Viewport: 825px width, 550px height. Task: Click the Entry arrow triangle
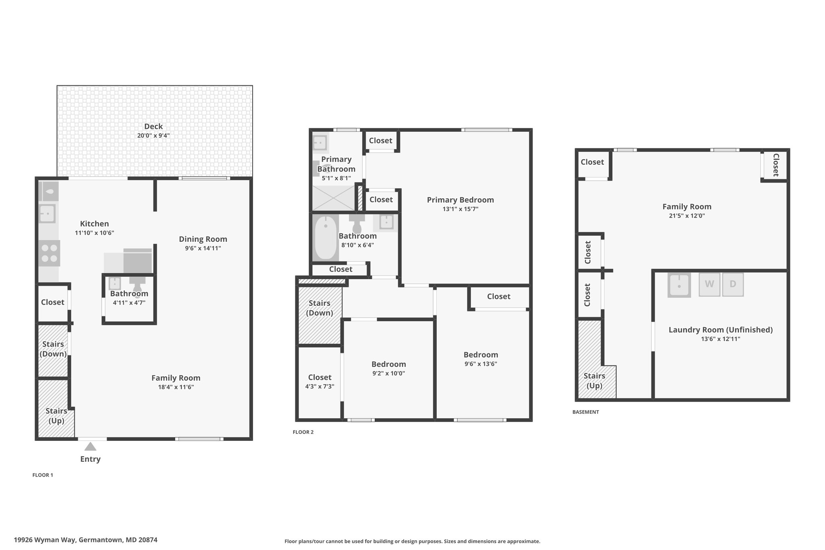pyautogui.click(x=90, y=446)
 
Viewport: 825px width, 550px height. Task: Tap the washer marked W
pyautogui.click(x=709, y=284)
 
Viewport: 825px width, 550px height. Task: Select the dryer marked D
pyautogui.click(x=733, y=284)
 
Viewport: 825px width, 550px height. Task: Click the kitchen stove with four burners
pyautogui.click(x=50, y=253)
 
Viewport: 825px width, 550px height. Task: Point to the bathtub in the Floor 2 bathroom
pyautogui.click(x=325, y=238)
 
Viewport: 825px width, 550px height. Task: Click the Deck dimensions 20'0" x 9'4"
pyautogui.click(x=153, y=136)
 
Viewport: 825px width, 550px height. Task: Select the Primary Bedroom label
pyautogui.click(x=460, y=200)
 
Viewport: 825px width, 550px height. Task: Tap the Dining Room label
pyautogui.click(x=203, y=239)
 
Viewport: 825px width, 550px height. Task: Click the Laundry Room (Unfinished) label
pyautogui.click(x=721, y=330)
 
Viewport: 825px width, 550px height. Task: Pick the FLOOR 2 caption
pyautogui.click(x=303, y=432)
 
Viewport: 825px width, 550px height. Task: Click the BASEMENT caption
pyautogui.click(x=586, y=412)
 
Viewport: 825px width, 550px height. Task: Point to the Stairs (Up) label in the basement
pyautogui.click(x=595, y=381)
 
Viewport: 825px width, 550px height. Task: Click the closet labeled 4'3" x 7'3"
pyautogui.click(x=320, y=382)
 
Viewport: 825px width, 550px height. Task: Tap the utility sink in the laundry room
pyautogui.click(x=679, y=285)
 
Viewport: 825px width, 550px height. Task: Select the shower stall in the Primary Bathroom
pyautogui.click(x=334, y=198)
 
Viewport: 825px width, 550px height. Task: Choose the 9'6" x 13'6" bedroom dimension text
pyautogui.click(x=481, y=364)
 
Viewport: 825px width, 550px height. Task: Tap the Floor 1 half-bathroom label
pyautogui.click(x=129, y=294)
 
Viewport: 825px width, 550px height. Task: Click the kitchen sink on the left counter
pyautogui.click(x=48, y=213)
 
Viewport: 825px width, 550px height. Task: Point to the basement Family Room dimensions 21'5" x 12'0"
pyautogui.click(x=687, y=216)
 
